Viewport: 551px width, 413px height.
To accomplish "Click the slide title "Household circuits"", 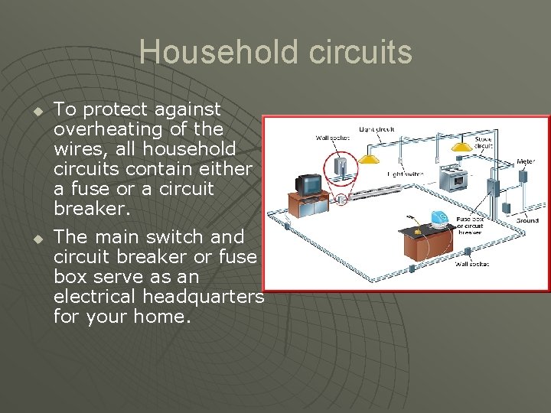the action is click(275, 53).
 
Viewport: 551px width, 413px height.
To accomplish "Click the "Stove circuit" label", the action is click(483, 141).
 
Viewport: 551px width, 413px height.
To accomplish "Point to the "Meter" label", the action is click(526, 161).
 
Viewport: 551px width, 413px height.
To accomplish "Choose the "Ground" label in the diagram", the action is click(527, 220).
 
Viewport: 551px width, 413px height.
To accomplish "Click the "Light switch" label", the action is click(406, 174).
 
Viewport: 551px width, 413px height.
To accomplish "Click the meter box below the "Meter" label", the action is click(523, 177).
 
